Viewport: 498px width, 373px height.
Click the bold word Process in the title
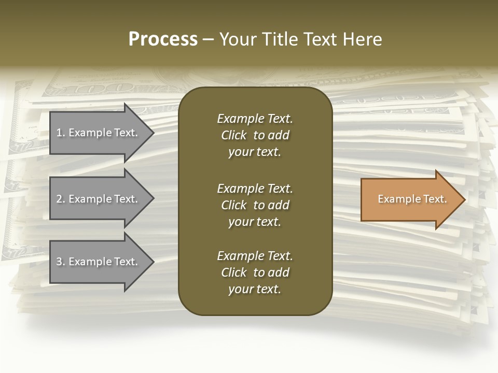[163, 39]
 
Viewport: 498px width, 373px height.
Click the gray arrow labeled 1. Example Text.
[99, 133]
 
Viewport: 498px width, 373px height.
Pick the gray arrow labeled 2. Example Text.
[99, 199]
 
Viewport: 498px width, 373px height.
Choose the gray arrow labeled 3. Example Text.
[99, 262]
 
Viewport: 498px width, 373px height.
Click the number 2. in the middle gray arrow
[60, 199]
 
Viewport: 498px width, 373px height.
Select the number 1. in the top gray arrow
[60, 133]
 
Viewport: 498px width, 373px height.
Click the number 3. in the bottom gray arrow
[60, 262]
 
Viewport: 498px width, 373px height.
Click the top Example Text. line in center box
[255, 119]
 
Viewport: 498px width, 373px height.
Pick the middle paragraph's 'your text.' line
[255, 222]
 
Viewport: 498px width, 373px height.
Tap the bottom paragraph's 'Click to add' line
[255, 272]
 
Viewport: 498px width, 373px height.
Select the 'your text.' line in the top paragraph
[255, 152]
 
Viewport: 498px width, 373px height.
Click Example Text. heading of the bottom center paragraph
[255, 256]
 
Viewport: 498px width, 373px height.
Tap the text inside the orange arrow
[412, 199]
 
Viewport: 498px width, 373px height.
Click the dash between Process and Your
[208, 40]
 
